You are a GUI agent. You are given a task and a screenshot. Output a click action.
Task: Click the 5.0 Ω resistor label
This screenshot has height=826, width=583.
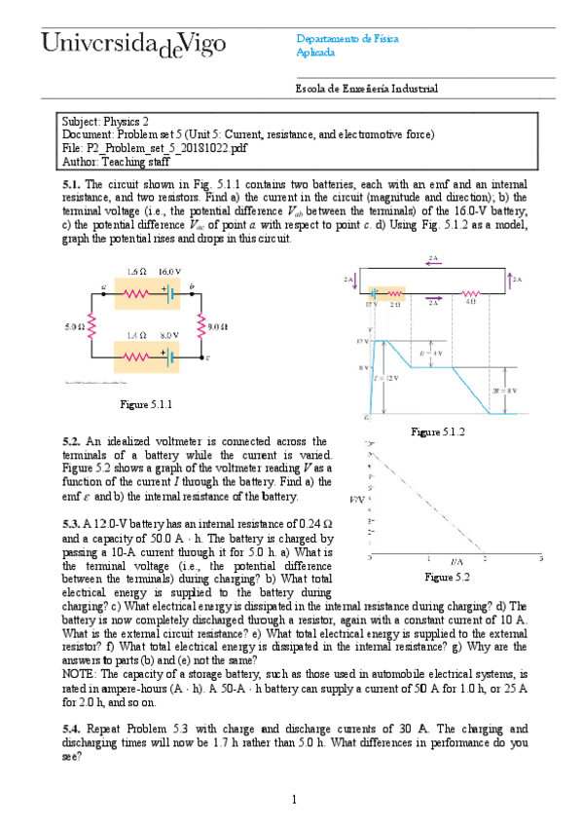[73, 326]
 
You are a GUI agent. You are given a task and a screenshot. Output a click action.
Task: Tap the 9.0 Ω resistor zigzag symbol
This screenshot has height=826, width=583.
[202, 326]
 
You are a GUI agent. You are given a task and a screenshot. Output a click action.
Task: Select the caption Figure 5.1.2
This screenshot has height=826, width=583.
[438, 431]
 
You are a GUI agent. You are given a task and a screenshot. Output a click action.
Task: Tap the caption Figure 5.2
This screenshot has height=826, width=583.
[448, 578]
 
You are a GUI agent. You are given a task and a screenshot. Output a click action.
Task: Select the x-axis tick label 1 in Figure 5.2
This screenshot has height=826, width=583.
[428, 559]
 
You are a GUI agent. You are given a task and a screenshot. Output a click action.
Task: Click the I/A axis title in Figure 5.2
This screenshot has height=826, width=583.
[455, 564]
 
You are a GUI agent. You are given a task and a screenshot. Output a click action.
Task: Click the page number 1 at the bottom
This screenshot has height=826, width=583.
[293, 800]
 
